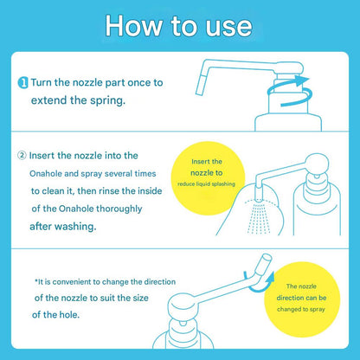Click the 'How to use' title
(178, 26)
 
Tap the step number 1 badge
(22, 83)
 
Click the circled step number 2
(22, 156)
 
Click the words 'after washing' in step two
(62, 227)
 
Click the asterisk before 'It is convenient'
(36, 280)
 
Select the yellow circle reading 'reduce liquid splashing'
(208, 178)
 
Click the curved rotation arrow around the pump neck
(288, 92)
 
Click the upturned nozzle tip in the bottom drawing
(264, 263)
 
